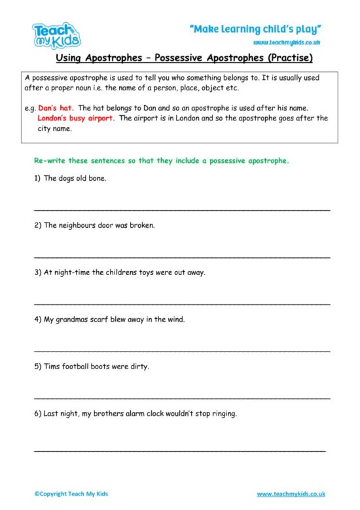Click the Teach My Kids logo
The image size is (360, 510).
tap(56, 35)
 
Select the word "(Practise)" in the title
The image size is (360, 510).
tap(287, 58)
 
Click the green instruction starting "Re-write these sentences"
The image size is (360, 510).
tap(161, 160)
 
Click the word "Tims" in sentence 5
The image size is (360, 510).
tap(52, 367)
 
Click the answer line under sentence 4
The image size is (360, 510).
tap(181, 351)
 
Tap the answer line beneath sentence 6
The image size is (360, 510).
tap(179, 450)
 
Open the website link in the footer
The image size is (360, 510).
tap(291, 494)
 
